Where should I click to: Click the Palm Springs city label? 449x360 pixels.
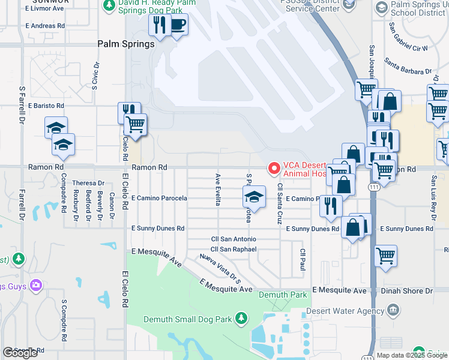point(126,44)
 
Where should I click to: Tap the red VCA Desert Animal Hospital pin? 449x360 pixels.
point(274,169)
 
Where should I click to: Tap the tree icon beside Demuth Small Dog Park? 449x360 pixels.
point(241,317)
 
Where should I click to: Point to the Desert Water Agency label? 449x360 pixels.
point(345,311)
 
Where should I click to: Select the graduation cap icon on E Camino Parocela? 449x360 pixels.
point(254,197)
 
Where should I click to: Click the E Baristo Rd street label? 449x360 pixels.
point(45,106)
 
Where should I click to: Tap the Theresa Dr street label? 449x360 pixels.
point(88,183)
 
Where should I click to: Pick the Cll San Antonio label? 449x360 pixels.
point(234,239)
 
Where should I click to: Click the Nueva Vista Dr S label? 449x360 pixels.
point(220,269)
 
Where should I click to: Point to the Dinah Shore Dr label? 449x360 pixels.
point(407,291)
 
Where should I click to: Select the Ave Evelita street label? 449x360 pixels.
point(217,189)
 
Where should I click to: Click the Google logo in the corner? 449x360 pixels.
point(20,353)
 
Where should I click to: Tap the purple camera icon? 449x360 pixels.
point(36,285)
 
